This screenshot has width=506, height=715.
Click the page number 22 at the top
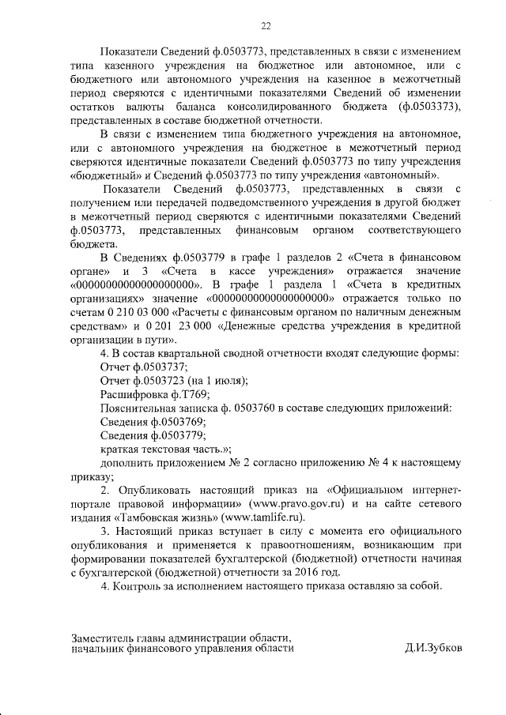click(x=266, y=27)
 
